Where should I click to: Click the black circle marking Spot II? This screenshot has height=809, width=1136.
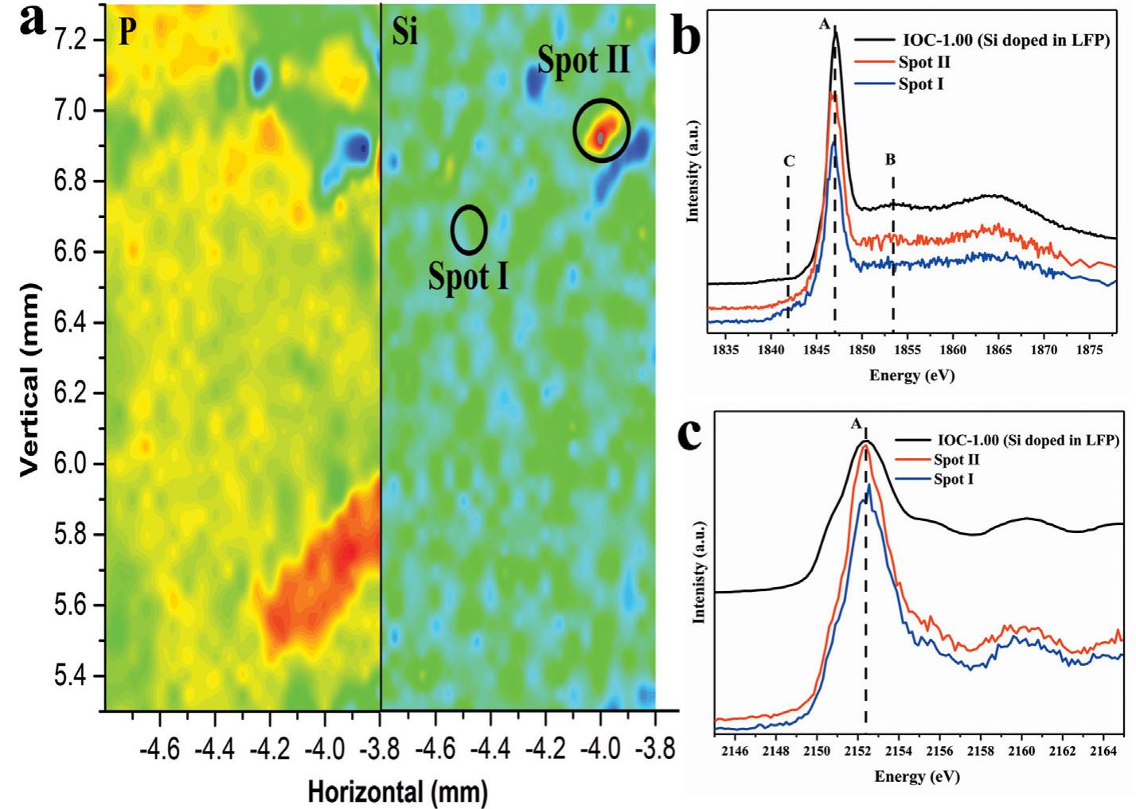point(602,130)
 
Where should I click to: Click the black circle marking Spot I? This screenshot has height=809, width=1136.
point(469,229)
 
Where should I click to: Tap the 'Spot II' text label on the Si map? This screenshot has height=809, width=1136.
point(584,60)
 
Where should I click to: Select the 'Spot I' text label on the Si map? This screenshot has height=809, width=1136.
point(468,276)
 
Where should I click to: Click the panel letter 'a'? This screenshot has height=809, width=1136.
point(32,21)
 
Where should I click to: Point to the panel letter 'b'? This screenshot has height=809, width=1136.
point(688,37)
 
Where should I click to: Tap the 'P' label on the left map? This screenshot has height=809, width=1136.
point(127,32)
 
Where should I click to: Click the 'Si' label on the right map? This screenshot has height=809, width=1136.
point(405,32)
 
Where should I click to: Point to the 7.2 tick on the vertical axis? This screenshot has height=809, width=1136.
point(76,40)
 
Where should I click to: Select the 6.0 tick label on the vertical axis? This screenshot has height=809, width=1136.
point(76,464)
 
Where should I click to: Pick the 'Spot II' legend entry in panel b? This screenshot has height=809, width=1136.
point(923,62)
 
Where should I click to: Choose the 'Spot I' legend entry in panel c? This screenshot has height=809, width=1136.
point(953,480)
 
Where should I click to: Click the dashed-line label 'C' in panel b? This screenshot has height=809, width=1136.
point(789,161)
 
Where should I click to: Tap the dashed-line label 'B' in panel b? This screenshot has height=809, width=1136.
point(890,160)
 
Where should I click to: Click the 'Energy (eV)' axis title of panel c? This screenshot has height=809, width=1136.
point(917,776)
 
